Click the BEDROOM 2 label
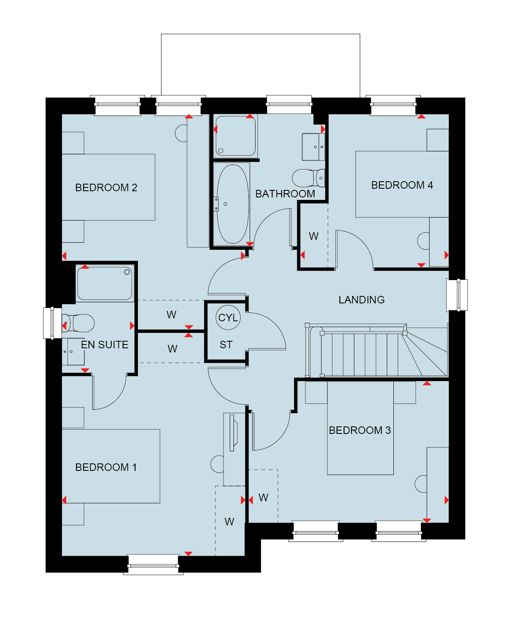point(106,188)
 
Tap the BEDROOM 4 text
point(402,185)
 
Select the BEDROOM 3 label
point(359,430)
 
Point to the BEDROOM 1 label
point(106,468)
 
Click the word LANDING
point(361,300)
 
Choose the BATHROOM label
point(285,194)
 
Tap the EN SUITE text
point(104,345)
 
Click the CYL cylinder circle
point(228,318)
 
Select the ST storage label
point(226,345)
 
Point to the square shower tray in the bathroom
point(236,136)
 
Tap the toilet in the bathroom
point(308,178)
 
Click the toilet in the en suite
point(78,323)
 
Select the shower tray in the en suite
point(105,283)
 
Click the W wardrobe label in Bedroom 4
point(313,236)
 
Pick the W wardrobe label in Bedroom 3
point(263,497)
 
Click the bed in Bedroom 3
point(360,428)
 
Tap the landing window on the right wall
point(457,295)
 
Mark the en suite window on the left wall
point(52,323)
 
